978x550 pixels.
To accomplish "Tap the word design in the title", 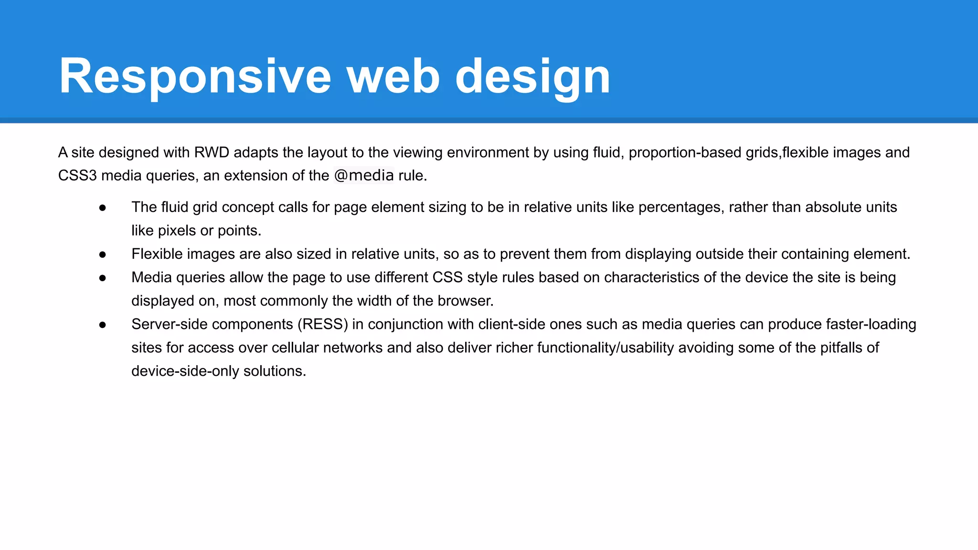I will (x=532, y=76).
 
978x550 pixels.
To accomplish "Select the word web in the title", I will (x=393, y=76).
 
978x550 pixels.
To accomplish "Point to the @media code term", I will (x=364, y=175).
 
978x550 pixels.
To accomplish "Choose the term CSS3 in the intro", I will (x=77, y=175).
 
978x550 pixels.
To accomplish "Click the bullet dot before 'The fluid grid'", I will (x=102, y=207).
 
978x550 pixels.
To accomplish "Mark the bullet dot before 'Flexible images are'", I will (x=102, y=254).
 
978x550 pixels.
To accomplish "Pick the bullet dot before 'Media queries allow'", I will (x=102, y=277).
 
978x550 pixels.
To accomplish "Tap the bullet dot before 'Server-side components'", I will (x=102, y=324).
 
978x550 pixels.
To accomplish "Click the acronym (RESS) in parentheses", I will (x=323, y=324).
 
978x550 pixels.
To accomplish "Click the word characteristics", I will (x=652, y=277).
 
